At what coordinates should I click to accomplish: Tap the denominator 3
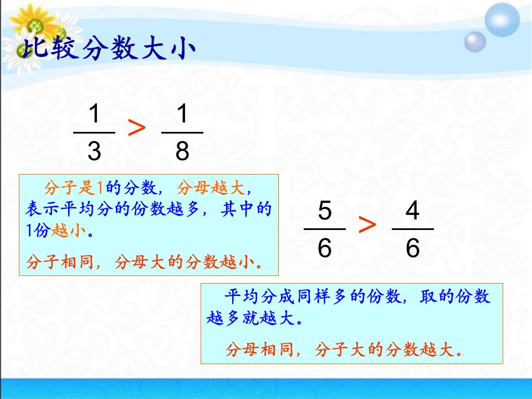pyautogui.click(x=94, y=151)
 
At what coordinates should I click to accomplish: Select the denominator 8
pyautogui.click(x=182, y=151)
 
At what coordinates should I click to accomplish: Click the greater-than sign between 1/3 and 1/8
pyautogui.click(x=137, y=128)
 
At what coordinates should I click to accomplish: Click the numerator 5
pyautogui.click(x=325, y=211)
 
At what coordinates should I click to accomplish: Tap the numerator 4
pyautogui.click(x=412, y=211)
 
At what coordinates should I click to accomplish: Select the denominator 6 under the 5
pyautogui.click(x=325, y=248)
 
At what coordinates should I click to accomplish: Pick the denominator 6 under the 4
pyautogui.click(x=412, y=248)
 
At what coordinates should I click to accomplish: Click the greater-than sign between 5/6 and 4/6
pyautogui.click(x=367, y=224)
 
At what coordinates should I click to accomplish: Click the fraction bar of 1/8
pyautogui.click(x=182, y=132)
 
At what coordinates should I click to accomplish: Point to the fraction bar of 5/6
pyautogui.click(x=325, y=229)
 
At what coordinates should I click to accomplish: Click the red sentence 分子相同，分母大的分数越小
pyautogui.click(x=144, y=262)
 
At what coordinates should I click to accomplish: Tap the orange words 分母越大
pyautogui.click(x=211, y=188)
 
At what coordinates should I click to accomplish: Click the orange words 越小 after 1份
pyautogui.click(x=69, y=231)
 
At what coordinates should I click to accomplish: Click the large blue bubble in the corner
pyautogui.click(x=502, y=20)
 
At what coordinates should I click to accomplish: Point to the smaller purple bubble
pyautogui.click(x=475, y=42)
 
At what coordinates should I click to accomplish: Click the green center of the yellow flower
pyautogui.click(x=35, y=24)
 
